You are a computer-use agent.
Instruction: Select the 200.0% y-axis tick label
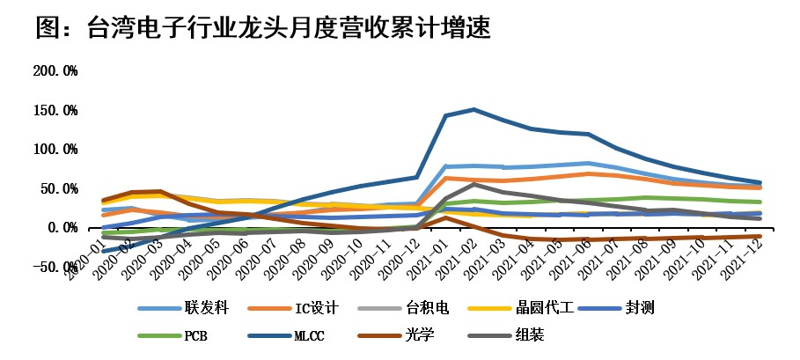tap(55, 70)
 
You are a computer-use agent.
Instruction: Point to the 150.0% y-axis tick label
tap(55, 110)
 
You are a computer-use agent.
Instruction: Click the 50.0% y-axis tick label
tap(59, 188)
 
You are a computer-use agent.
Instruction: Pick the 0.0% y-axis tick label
tap(62, 227)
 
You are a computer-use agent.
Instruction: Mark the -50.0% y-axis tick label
tap(55, 267)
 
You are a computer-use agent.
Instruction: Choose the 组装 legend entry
tap(537, 334)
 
